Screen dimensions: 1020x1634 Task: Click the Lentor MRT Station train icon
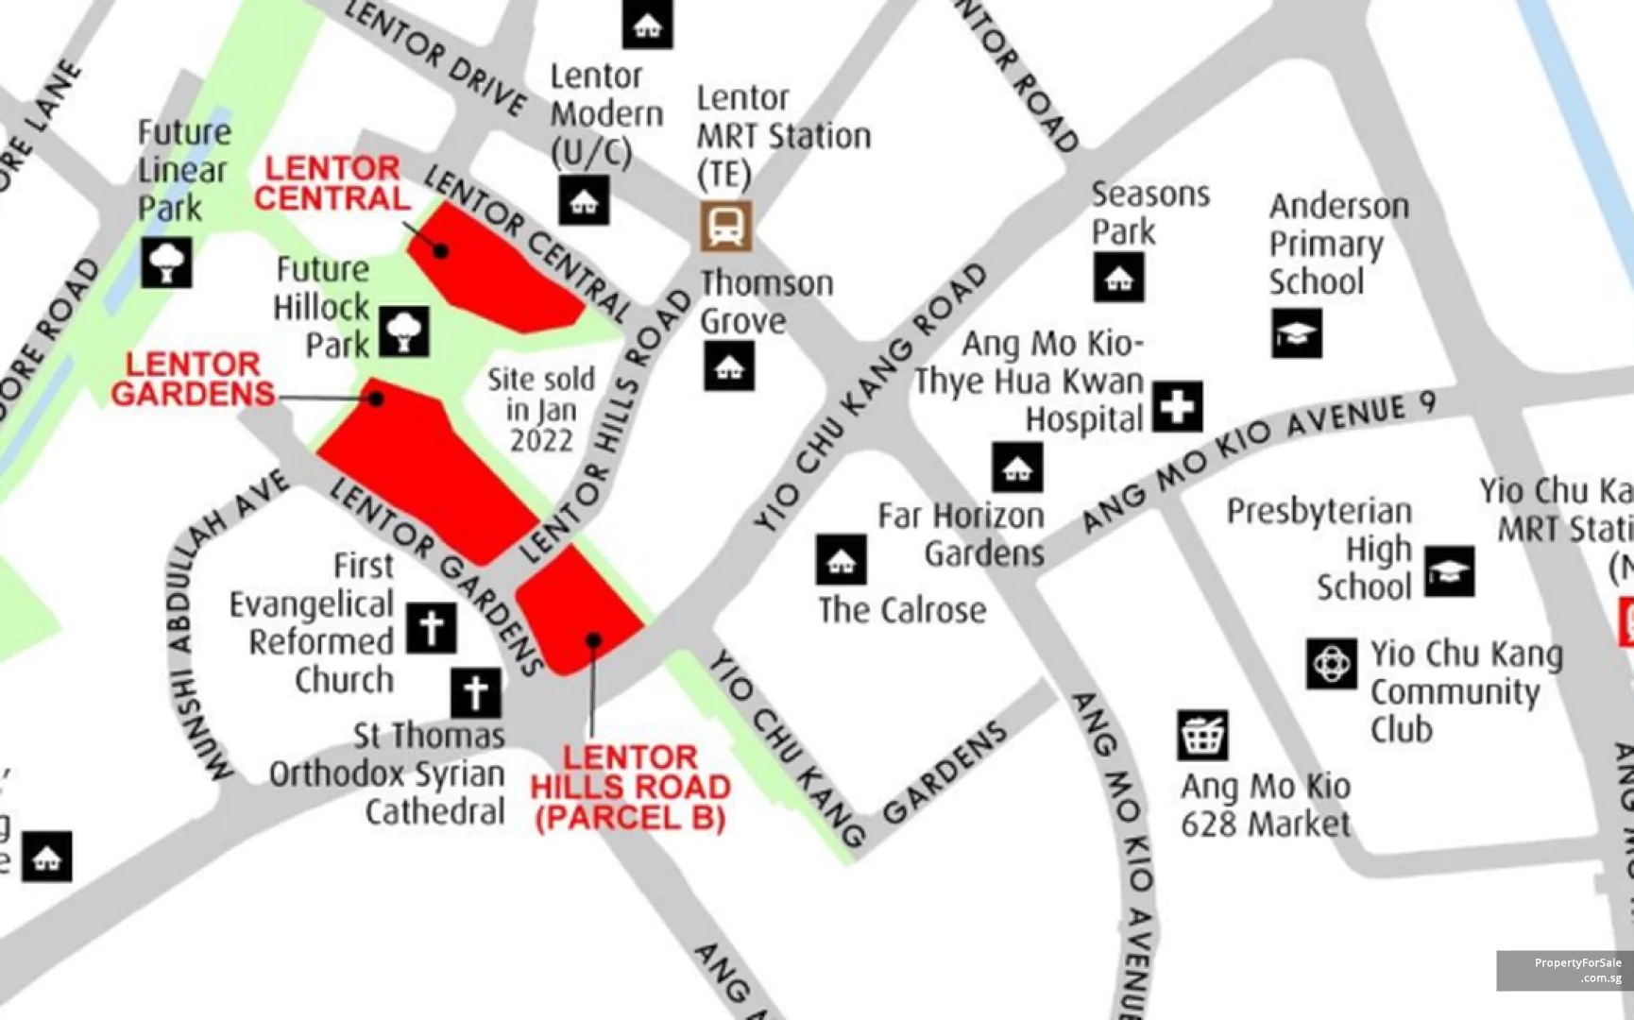pyautogui.click(x=725, y=226)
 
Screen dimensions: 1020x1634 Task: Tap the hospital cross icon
pyautogui.click(x=1177, y=407)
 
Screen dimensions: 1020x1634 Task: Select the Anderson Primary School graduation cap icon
pyautogui.click(x=1296, y=333)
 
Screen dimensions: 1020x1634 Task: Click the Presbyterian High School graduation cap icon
pyautogui.click(x=1449, y=571)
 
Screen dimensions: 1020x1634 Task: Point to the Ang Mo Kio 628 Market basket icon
pyautogui.click(x=1202, y=735)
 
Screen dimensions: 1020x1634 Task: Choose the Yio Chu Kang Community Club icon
pyautogui.click(x=1332, y=664)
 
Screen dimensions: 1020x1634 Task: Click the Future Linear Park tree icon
pyautogui.click(x=166, y=263)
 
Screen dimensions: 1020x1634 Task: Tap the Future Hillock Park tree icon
pyautogui.click(x=404, y=331)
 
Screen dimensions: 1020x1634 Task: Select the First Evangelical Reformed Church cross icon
pyautogui.click(x=432, y=628)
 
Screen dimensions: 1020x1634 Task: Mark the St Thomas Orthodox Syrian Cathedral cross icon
pyautogui.click(x=476, y=692)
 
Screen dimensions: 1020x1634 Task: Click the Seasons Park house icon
pyautogui.click(x=1118, y=278)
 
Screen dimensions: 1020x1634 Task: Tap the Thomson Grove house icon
pyautogui.click(x=728, y=366)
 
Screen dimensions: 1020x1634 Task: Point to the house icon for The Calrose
pyautogui.click(x=841, y=560)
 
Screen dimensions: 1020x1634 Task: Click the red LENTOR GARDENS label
pyautogui.click(x=193, y=379)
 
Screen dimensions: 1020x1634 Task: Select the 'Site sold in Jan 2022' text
pyautogui.click(x=541, y=410)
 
